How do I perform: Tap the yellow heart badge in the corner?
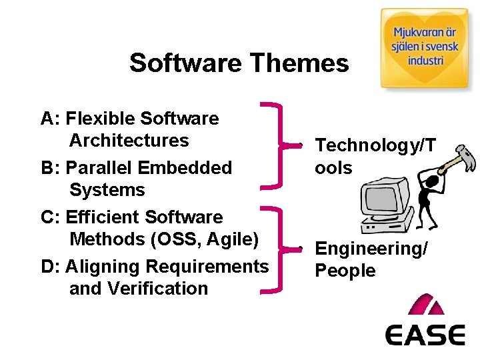coord(424,48)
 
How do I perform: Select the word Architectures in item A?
coord(129,141)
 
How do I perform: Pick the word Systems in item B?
coord(107,190)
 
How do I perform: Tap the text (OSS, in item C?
coord(174,239)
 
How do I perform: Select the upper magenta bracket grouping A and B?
coord(273,144)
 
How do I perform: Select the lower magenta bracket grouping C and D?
coord(273,249)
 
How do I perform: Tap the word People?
coord(345,271)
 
